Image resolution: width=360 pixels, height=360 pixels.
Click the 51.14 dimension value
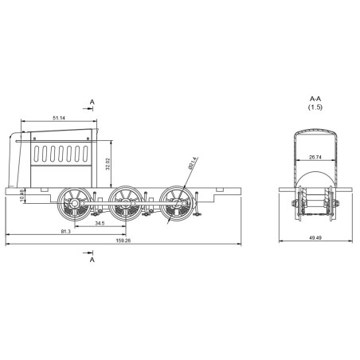tap(60, 118)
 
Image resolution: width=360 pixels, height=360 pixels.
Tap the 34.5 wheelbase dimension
tap(100, 224)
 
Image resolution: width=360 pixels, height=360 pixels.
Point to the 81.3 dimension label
tap(65, 231)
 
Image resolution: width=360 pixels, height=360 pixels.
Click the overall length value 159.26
tap(123, 240)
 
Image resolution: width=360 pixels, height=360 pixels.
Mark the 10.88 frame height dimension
tap(22, 196)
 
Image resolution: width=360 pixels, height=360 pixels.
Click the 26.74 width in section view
tap(315, 157)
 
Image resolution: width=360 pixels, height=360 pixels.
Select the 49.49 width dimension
tap(315, 237)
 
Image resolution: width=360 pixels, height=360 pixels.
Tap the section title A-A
tap(316, 99)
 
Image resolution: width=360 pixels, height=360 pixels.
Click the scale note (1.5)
tap(316, 107)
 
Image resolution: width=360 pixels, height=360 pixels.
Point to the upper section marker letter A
tap(92, 102)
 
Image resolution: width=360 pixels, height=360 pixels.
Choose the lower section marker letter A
tap(92, 260)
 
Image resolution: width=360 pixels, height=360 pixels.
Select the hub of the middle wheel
tap(124, 204)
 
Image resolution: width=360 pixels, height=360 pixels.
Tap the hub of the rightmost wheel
tap(173, 204)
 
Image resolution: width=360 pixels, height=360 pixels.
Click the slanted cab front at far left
tap(15, 159)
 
